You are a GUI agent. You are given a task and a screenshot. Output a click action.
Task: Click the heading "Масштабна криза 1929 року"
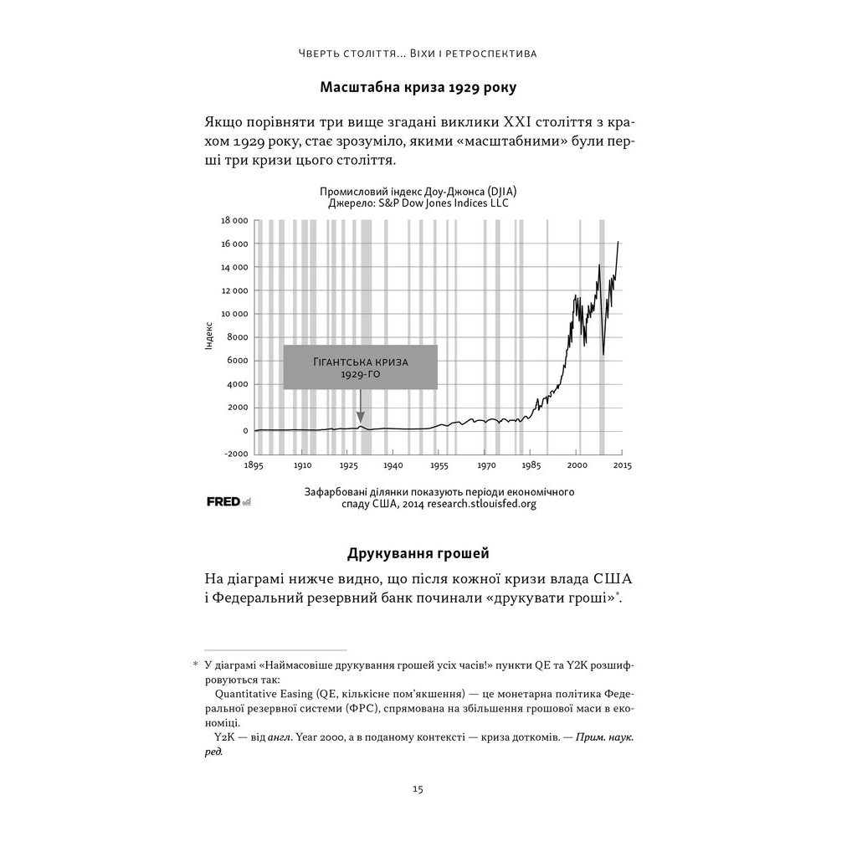[x=418, y=87]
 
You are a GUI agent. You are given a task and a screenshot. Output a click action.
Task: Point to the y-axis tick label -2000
[x=234, y=454]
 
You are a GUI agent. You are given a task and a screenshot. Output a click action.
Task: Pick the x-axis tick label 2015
[x=622, y=464]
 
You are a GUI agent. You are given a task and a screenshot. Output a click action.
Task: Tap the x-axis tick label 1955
[x=439, y=464]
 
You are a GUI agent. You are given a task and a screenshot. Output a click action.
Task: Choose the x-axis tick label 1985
[x=531, y=464]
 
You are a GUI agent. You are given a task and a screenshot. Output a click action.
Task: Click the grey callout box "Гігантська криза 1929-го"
[x=360, y=367]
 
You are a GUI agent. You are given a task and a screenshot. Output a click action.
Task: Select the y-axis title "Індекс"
[x=209, y=334]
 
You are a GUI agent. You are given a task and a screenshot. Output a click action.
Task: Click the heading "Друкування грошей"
[x=418, y=553]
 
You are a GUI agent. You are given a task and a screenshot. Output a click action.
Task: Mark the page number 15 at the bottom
[x=418, y=788]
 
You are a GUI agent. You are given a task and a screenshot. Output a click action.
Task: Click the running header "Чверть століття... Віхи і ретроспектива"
[x=418, y=54]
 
